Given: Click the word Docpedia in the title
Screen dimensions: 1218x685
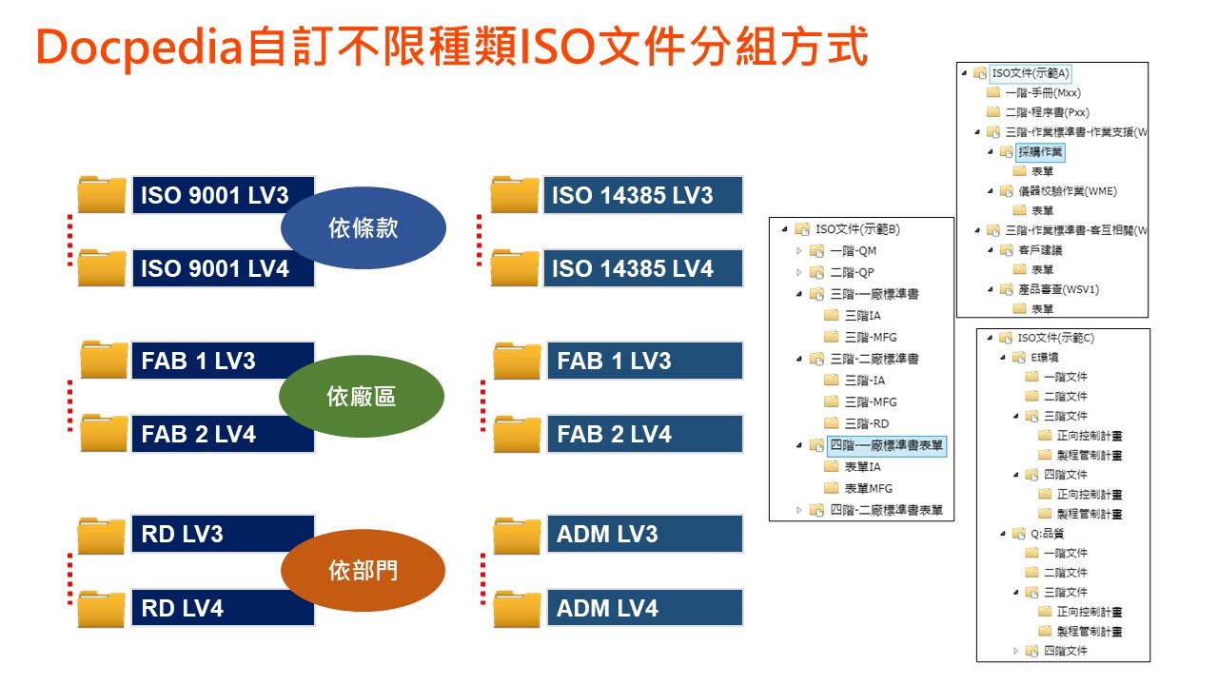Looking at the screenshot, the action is (x=139, y=48).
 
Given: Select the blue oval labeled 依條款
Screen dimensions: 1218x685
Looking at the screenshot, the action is (x=363, y=227).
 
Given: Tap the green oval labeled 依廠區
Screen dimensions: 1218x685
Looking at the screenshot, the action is (x=362, y=397).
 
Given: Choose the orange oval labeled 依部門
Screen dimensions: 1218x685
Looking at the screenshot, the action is (x=363, y=570).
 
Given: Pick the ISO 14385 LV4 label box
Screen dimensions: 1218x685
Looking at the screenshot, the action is (x=642, y=268).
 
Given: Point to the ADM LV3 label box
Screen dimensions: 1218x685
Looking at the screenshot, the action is (x=645, y=534).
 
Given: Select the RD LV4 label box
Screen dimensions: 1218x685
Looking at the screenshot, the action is (x=223, y=608).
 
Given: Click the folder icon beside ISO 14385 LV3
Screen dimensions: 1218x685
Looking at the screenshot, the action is (x=514, y=194).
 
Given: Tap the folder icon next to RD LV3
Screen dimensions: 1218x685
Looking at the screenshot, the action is (x=102, y=535).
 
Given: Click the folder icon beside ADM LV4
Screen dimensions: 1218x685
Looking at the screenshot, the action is (x=517, y=609).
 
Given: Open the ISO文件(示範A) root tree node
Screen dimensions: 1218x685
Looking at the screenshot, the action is (x=1030, y=73).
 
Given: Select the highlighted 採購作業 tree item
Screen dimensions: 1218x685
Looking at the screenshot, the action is (x=1040, y=152).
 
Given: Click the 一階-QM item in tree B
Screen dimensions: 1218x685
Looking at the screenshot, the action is (x=853, y=251).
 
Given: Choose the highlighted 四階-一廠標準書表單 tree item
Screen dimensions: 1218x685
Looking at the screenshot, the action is (x=886, y=446).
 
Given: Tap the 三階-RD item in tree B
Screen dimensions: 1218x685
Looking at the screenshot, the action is (x=866, y=423).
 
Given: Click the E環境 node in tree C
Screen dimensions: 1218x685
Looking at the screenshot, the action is (x=1044, y=358).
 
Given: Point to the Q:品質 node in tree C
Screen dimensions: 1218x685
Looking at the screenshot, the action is (x=1047, y=534).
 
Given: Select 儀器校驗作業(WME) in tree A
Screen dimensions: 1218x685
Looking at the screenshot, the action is (x=1068, y=191).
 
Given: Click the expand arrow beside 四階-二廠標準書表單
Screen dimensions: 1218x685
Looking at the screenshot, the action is (x=798, y=510).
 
